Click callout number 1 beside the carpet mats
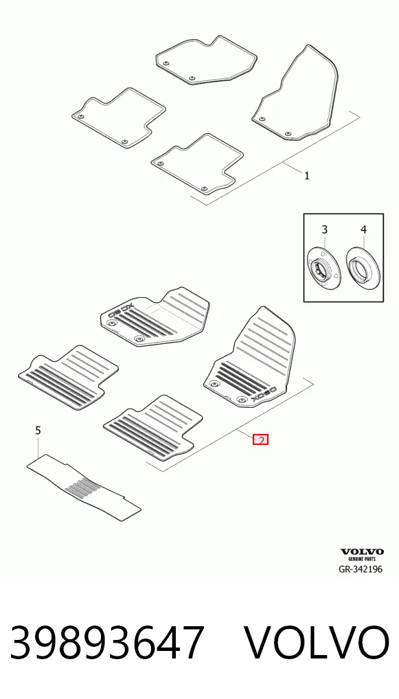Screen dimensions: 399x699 pos(307,176)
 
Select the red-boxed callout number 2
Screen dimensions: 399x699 pos(260,440)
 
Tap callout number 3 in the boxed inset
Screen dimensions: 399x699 pos(325,229)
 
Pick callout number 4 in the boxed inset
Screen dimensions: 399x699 pos(363,229)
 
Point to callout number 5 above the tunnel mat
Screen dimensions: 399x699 pos(38,431)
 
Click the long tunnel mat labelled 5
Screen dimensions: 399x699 pos(84,488)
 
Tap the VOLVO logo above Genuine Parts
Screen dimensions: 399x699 pos(362,552)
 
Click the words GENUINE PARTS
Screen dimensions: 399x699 pos(362,558)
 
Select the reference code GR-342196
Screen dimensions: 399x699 pos(361,569)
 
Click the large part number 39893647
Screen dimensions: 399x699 pos(107,643)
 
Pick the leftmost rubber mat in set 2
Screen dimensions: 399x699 pos(68,378)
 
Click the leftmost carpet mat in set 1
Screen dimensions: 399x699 pos(118,117)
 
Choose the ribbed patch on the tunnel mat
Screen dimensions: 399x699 pos(79,485)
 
